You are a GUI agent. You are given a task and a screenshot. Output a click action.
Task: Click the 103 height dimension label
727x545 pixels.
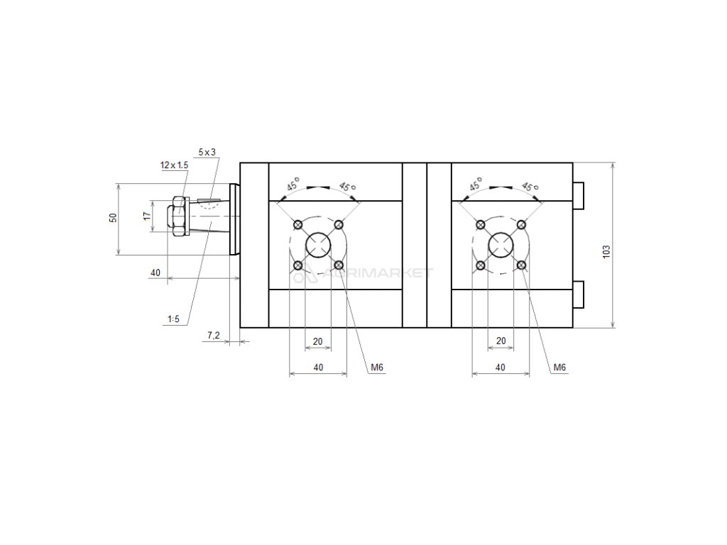(606, 252)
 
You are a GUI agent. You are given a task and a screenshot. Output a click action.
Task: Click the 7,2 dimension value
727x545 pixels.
(213, 334)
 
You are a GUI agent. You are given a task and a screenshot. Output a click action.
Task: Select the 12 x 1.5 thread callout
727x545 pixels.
(174, 165)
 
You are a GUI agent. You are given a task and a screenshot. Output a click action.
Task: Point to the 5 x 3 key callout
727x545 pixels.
(207, 152)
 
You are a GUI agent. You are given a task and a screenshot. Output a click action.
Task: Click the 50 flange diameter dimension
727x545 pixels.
(112, 217)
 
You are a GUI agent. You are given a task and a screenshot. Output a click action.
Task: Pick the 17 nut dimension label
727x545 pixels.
(146, 216)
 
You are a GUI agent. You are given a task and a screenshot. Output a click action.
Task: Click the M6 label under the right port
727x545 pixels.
(559, 367)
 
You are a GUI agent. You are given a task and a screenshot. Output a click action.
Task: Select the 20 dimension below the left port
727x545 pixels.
(318, 341)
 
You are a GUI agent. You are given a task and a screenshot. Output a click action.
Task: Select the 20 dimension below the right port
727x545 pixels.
(501, 341)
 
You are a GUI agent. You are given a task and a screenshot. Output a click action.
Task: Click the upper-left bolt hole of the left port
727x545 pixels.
(298, 225)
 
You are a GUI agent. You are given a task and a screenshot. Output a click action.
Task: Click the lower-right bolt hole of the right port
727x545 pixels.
(522, 265)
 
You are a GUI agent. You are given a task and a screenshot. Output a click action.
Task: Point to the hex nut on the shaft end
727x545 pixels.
(176, 216)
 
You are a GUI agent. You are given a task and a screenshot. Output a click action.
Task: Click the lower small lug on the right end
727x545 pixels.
(578, 294)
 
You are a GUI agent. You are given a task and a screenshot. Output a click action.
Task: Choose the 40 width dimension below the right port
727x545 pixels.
(501, 367)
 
